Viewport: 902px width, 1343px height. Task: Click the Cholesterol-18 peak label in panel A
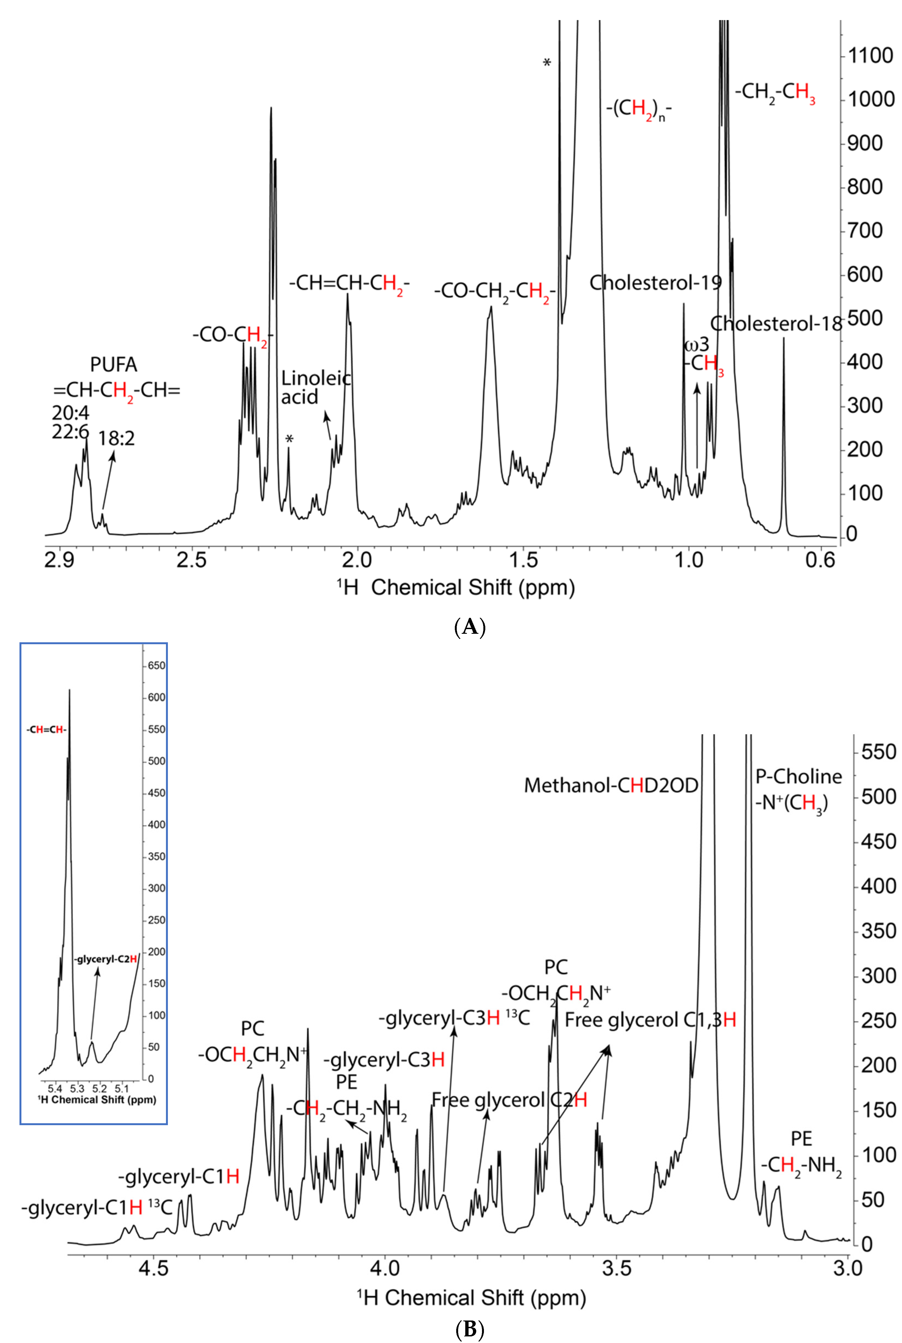point(776,324)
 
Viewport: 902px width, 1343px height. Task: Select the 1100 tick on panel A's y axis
point(870,56)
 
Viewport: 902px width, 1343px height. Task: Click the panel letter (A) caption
point(469,626)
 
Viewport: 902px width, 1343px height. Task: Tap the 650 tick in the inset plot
point(156,665)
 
